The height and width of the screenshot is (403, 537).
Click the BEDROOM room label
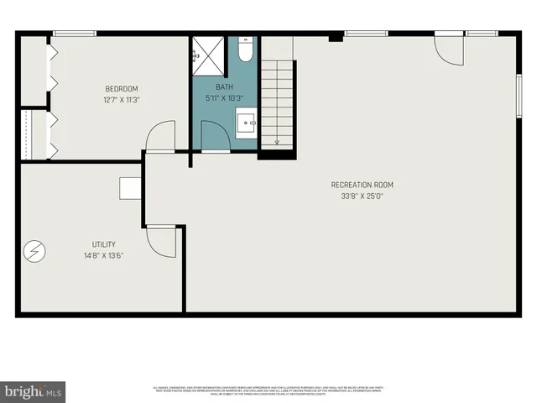(121, 89)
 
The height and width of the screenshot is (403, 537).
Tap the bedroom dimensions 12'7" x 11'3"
(121, 100)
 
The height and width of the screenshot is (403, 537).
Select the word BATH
(225, 87)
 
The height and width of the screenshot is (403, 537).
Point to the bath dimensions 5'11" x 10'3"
(223, 98)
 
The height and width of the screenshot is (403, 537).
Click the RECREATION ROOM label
(362, 186)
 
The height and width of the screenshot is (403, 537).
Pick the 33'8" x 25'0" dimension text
(362, 196)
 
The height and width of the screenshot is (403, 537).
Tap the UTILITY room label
(104, 244)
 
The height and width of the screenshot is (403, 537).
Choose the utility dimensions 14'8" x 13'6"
(103, 256)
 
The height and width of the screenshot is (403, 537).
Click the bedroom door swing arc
(159, 136)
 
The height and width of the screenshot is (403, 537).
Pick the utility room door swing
(160, 241)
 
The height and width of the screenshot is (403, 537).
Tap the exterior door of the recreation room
(449, 50)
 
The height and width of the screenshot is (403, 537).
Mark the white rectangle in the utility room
(130, 188)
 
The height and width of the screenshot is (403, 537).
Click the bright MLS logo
(34, 391)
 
